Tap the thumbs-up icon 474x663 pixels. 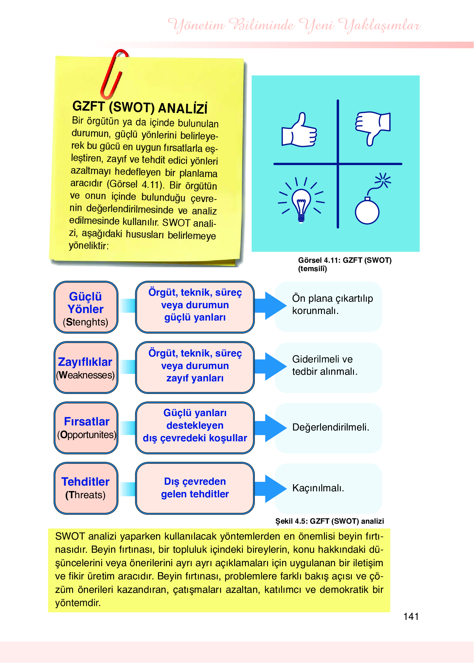(x=299, y=131)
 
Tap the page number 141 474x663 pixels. (x=411, y=617)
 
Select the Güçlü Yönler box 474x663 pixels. (x=86, y=307)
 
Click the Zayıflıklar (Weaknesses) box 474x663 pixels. (x=86, y=368)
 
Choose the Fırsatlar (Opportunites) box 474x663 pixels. (x=86, y=428)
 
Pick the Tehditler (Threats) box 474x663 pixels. (x=86, y=488)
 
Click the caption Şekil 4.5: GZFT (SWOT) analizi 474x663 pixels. (x=329, y=521)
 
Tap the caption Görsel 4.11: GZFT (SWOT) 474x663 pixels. (x=345, y=260)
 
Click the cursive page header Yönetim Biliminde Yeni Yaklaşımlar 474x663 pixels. (x=294, y=25)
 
